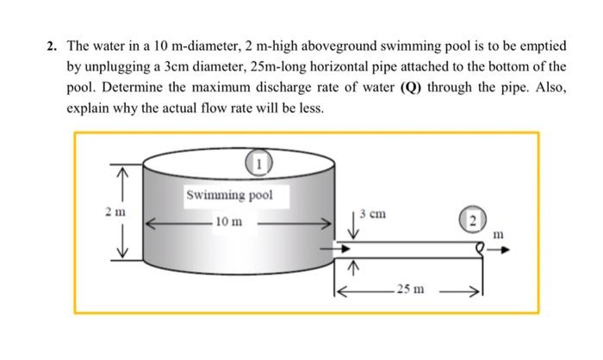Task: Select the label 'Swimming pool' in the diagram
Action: [x=228, y=195]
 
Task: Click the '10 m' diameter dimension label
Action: [x=228, y=222]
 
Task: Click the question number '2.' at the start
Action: [x=53, y=45]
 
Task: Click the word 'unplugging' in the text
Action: [x=114, y=67]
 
